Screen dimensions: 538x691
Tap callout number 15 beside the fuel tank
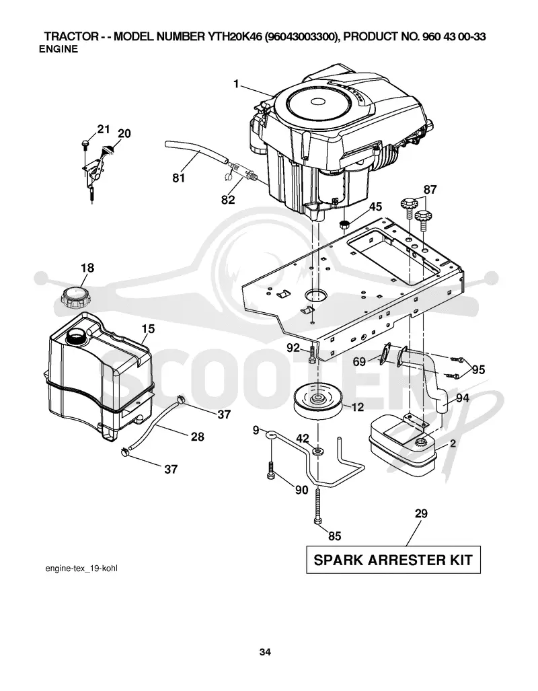149,329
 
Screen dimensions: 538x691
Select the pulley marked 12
317,402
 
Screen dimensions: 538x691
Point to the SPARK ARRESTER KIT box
393,560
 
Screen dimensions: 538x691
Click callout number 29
421,513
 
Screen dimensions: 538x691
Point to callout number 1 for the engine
237,83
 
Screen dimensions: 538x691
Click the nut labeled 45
344,223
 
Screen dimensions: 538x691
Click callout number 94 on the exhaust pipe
462,398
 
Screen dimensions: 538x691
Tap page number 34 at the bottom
265,652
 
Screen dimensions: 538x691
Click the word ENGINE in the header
58,49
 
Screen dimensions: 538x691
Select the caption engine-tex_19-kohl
82,569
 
